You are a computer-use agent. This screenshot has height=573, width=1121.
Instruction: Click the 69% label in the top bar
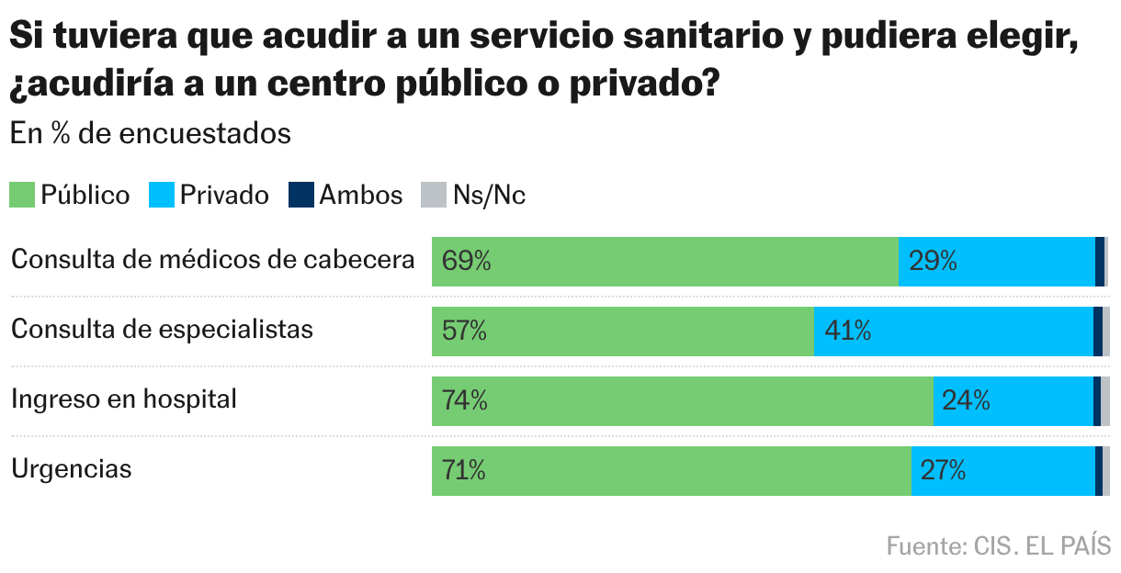tap(466, 262)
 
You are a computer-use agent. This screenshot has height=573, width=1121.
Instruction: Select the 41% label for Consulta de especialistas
tap(847, 331)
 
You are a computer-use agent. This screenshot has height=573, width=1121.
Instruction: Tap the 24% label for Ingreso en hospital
tap(966, 400)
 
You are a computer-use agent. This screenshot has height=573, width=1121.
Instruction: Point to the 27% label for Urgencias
tap(943, 471)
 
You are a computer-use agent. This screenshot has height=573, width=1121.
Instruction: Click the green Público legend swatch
tap(22, 196)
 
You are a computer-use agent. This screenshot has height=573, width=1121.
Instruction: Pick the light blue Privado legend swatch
tap(161, 196)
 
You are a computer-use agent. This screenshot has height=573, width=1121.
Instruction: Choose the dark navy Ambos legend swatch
tap(300, 196)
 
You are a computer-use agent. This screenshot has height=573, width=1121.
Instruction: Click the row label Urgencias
tap(72, 469)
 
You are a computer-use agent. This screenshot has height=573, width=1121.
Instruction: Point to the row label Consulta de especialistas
tap(162, 330)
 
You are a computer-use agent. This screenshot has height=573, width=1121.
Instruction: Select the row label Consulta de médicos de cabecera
tap(213, 260)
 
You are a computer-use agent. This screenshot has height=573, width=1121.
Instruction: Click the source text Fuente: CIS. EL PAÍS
tap(998, 546)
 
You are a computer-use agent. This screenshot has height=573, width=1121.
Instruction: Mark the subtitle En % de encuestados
tap(151, 134)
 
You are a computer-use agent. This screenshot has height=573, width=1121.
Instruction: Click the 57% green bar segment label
tap(464, 331)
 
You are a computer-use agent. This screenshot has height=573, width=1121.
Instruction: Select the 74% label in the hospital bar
tap(465, 400)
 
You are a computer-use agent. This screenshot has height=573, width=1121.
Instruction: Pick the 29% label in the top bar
tap(933, 262)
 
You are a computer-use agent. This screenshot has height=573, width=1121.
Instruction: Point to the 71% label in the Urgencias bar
tap(464, 471)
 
